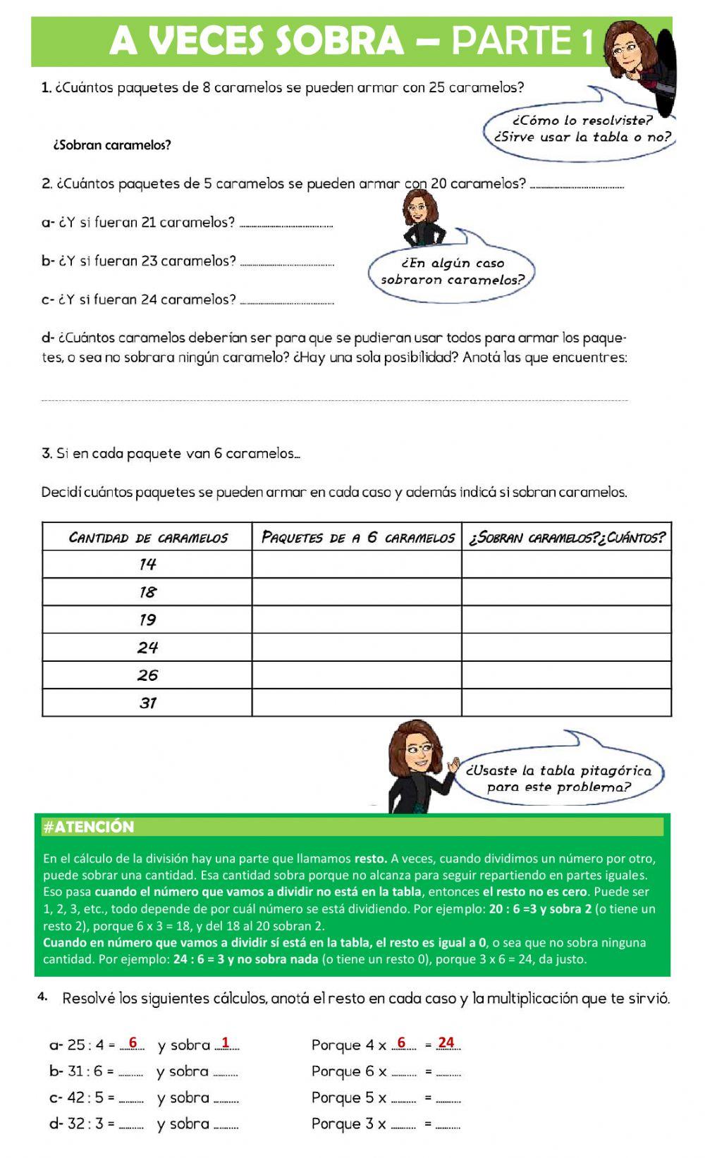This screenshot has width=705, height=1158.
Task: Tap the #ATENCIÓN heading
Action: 89,827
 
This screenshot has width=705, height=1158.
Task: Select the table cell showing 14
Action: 147,564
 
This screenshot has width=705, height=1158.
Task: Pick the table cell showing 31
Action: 147,703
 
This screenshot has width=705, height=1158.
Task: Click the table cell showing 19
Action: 147,620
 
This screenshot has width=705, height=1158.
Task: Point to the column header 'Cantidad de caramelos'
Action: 147,537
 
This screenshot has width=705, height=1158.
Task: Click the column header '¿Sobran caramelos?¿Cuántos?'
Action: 567,537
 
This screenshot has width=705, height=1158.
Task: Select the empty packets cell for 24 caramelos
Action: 357,647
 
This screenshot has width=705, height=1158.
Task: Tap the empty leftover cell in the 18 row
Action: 567,592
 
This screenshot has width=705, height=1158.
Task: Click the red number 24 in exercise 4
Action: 446,1042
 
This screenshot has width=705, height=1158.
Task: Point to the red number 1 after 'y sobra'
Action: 226,1042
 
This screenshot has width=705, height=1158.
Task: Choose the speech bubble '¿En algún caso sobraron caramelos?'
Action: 453,271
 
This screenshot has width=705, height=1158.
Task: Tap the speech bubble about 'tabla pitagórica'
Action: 558,779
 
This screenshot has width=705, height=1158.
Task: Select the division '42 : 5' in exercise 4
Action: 85,1098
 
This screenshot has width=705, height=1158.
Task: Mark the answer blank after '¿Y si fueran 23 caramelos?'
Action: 287,262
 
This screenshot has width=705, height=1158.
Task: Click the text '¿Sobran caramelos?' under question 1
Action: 112,146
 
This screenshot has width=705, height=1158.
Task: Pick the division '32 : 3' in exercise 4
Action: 85,1124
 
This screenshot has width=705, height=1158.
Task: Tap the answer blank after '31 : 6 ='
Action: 130,1073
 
